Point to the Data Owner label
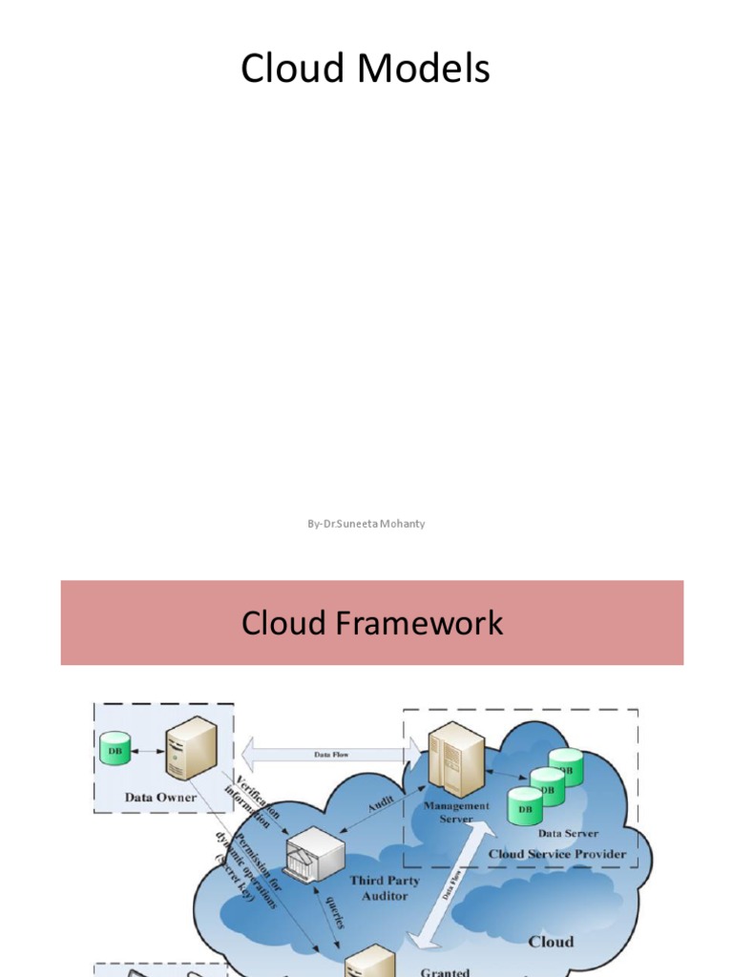pyautogui.click(x=160, y=797)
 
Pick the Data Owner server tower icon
pyautogui.click(x=187, y=747)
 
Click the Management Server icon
pyautogui.click(x=456, y=759)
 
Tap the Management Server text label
pyautogui.click(x=456, y=812)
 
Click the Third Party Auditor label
pyautogui.click(x=385, y=887)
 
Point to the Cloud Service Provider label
pyautogui.click(x=557, y=853)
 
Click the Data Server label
pyautogui.click(x=568, y=833)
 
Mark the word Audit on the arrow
pyautogui.click(x=381, y=803)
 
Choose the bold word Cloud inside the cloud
pyautogui.click(x=551, y=942)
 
